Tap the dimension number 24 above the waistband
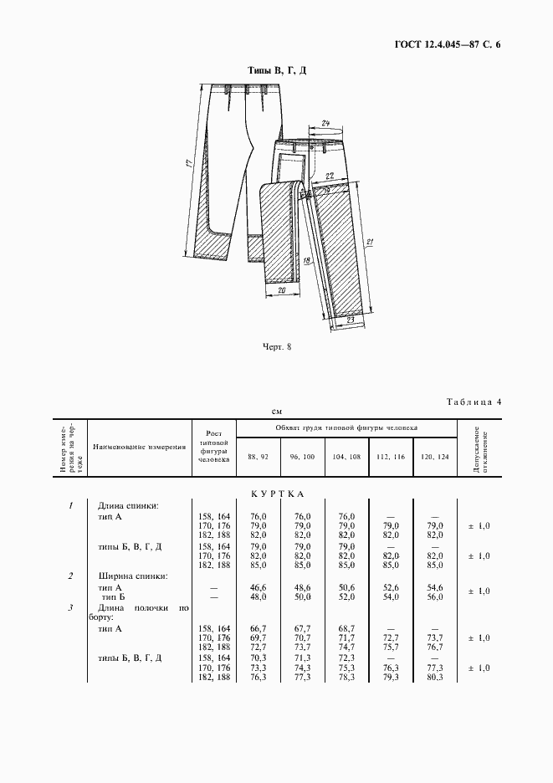click(325, 124)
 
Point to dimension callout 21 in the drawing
click(369, 243)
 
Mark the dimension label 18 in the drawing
click(306, 262)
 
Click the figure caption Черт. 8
click(276, 347)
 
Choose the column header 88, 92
click(258, 456)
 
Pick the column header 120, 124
click(435, 456)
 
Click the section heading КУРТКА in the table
click(276, 494)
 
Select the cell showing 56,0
click(434, 598)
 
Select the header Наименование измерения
click(139, 447)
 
